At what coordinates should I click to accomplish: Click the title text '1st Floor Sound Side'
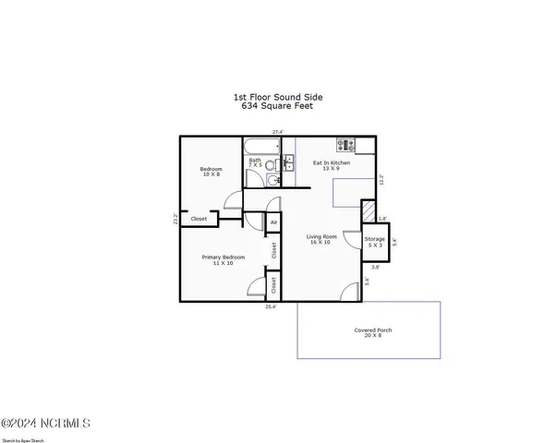(x=278, y=95)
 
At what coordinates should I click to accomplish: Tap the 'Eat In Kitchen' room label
(x=336, y=162)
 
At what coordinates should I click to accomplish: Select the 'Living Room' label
(x=321, y=237)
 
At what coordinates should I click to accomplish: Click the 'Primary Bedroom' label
(x=224, y=257)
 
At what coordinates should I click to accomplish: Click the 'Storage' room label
(x=374, y=239)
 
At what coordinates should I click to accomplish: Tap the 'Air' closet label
(x=273, y=222)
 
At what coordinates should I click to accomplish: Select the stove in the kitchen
(x=345, y=144)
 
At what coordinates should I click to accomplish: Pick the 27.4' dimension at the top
(x=277, y=132)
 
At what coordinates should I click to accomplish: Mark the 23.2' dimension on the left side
(x=175, y=220)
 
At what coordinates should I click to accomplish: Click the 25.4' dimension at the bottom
(x=271, y=306)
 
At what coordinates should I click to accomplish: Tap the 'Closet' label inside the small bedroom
(x=199, y=219)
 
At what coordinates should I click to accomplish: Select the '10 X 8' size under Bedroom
(x=212, y=174)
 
